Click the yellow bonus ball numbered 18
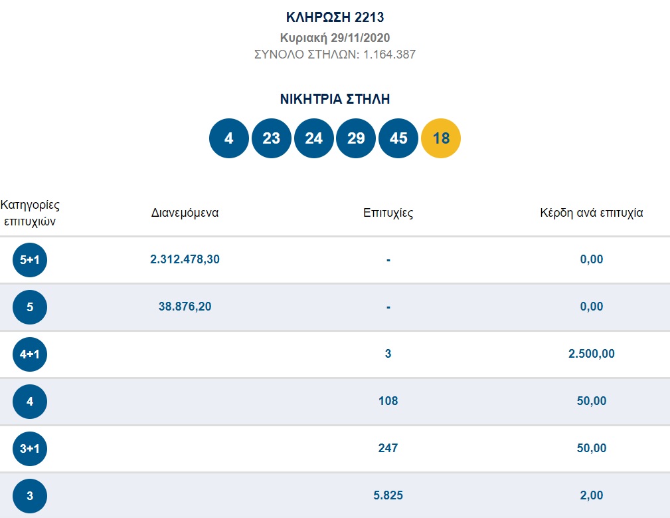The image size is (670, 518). click(x=440, y=138)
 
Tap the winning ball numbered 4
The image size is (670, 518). click(x=228, y=138)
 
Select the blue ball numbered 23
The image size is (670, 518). click(x=272, y=138)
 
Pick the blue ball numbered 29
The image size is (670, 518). click(x=356, y=138)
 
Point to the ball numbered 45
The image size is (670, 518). click(x=398, y=138)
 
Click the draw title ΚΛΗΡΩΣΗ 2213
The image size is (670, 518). click(x=335, y=17)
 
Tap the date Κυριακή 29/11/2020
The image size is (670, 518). click(x=335, y=38)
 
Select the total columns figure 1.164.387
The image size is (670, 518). click(x=389, y=55)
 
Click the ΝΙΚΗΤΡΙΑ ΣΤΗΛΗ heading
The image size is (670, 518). click(x=335, y=99)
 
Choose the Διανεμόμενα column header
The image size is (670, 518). click(x=185, y=213)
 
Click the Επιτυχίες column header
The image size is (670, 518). click(x=388, y=213)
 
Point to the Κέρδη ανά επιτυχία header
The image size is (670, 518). click(x=592, y=213)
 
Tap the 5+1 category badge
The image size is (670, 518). click(x=30, y=259)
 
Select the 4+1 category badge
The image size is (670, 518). click(x=30, y=354)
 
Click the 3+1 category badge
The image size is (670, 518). click(x=30, y=449)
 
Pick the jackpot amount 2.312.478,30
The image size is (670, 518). click(x=185, y=259)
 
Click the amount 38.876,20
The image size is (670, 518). click(x=185, y=307)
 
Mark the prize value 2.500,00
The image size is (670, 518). click(x=592, y=353)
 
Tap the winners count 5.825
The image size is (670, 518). click(x=388, y=495)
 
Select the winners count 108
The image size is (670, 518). click(x=388, y=401)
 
